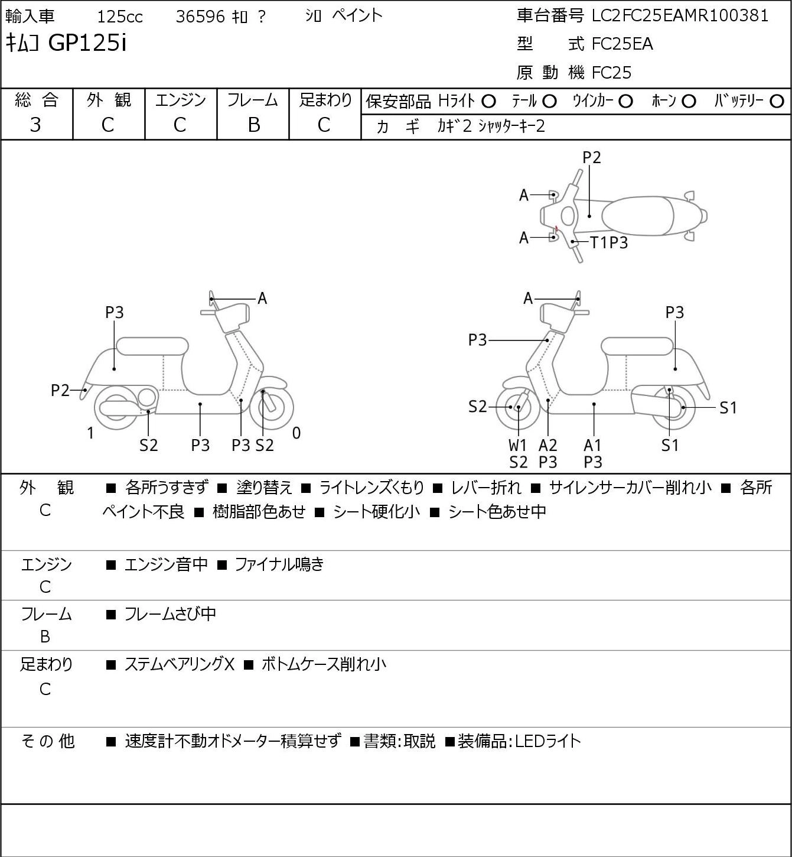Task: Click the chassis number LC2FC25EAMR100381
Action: point(680,16)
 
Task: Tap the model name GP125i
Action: point(87,43)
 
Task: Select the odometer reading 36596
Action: point(201,17)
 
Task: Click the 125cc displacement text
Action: point(120,17)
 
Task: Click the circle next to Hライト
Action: point(488,102)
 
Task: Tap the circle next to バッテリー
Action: point(777,102)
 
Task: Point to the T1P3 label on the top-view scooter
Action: point(609,242)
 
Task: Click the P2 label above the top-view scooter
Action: point(591,157)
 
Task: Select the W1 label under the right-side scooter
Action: point(517,445)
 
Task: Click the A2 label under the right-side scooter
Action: point(548,445)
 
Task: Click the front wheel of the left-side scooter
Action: point(272,408)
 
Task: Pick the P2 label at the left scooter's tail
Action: point(60,391)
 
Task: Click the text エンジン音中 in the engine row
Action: point(166,564)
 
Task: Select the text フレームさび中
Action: point(170,614)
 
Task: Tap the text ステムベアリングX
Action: point(180,664)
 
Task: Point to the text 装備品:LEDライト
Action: point(519,741)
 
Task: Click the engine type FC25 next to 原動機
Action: point(612,73)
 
